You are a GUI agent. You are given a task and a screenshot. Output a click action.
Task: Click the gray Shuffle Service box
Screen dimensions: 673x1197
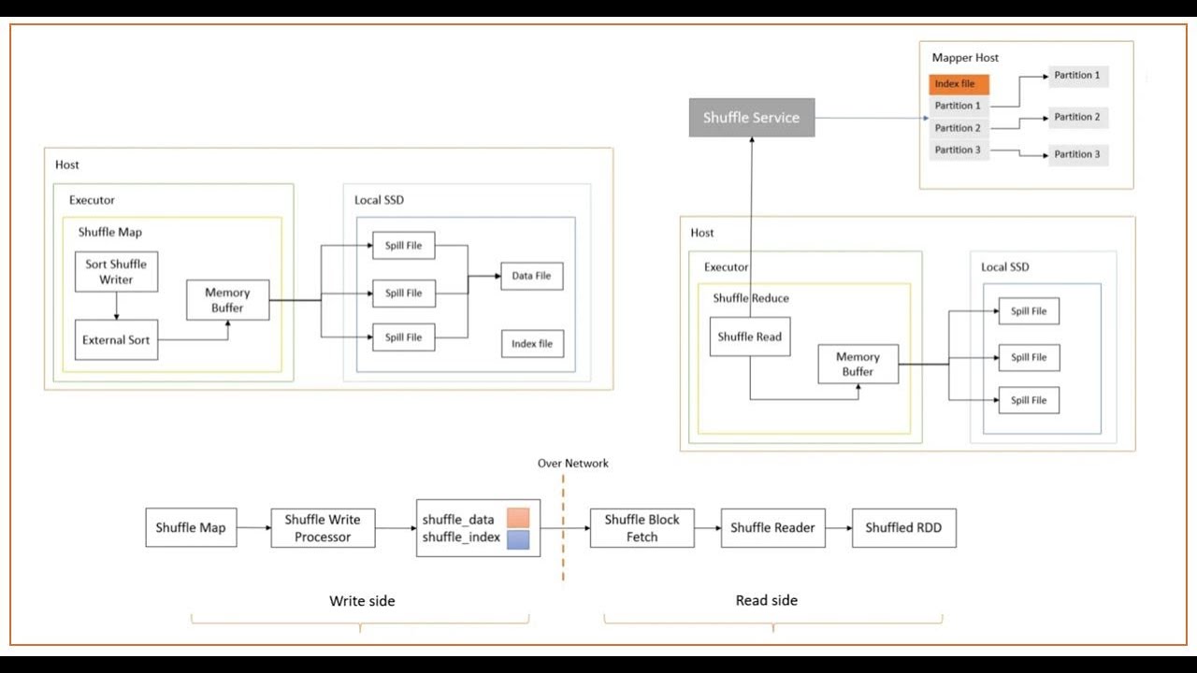coord(752,118)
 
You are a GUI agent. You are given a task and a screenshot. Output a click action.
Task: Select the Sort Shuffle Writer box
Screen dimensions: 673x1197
coord(116,272)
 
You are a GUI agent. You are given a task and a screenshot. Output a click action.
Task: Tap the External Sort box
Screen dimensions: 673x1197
coord(116,340)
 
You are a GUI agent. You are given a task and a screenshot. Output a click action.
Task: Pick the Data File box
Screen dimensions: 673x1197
coord(531,276)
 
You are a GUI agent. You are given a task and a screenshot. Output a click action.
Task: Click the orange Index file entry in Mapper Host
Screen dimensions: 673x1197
coord(959,84)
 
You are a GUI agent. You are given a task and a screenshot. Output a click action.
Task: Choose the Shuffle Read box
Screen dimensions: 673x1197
coord(749,336)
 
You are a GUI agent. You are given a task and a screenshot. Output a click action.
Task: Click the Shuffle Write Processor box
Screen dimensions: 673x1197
coord(323,528)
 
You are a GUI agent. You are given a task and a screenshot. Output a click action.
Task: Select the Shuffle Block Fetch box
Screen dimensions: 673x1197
coord(642,528)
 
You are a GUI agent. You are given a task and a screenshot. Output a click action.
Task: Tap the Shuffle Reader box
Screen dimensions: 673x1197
coord(772,528)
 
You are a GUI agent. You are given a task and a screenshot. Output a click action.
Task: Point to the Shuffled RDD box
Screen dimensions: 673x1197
coord(903,528)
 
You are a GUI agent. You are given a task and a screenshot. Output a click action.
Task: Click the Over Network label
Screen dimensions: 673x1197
coord(572,464)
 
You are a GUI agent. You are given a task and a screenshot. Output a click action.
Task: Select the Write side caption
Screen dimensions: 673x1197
coord(362,601)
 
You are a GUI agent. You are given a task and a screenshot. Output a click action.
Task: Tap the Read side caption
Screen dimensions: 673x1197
coord(766,600)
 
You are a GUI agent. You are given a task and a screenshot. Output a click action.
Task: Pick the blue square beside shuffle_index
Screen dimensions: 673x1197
coord(518,538)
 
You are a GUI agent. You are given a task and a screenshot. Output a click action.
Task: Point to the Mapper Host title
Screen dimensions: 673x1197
coord(965,58)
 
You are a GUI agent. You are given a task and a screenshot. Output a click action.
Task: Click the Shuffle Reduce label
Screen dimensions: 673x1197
coord(751,298)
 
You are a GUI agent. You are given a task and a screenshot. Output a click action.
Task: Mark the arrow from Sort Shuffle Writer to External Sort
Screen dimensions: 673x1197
coord(116,306)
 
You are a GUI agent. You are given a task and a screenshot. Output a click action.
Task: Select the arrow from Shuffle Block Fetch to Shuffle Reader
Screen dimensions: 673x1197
coord(707,528)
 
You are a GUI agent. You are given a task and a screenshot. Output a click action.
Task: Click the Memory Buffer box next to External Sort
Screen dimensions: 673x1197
coord(227,300)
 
